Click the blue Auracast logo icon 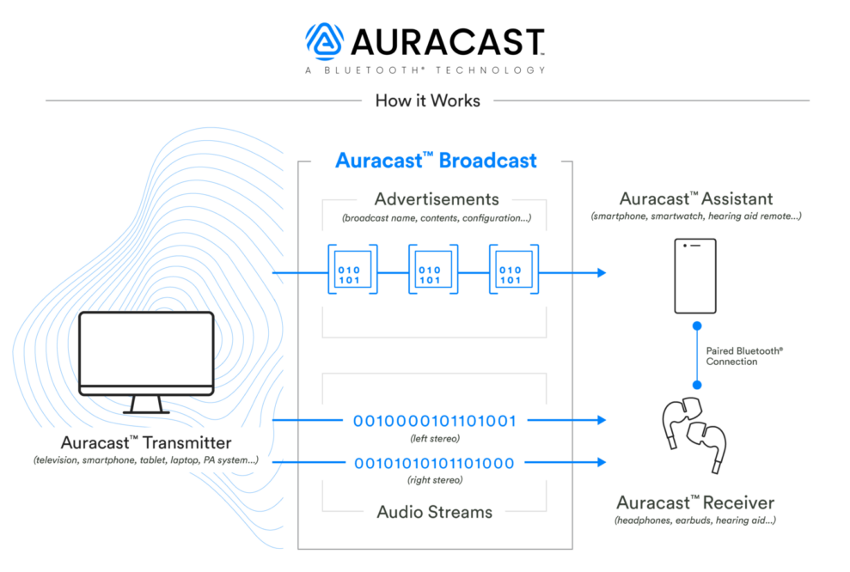coord(324,41)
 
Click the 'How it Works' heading coord(427,100)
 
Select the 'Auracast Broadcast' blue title coord(436,161)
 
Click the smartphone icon coord(695,275)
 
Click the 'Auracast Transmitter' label coord(146,443)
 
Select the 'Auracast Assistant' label coord(696,199)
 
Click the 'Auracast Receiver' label coord(696,502)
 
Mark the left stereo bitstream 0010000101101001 coord(434,421)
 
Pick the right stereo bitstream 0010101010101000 coord(434,464)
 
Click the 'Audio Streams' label coord(434,512)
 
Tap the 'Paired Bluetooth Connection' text coord(744,356)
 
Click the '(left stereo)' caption coord(434,438)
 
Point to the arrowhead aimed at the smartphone coord(599,273)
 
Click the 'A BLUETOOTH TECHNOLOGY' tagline coord(425,70)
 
